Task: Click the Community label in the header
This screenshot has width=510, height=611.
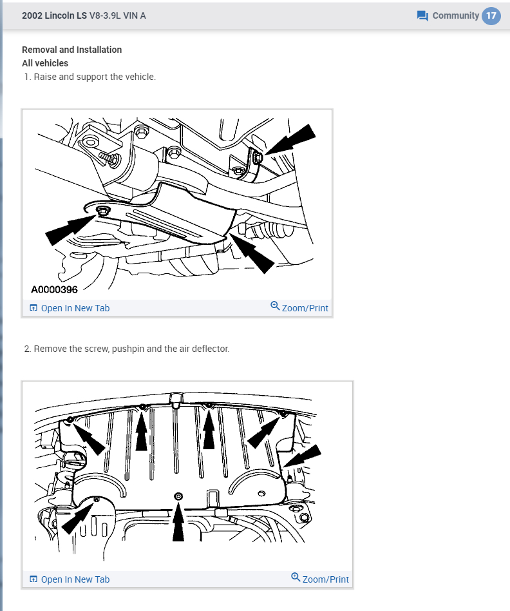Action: [x=455, y=15]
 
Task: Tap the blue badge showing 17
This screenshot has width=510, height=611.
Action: [x=491, y=15]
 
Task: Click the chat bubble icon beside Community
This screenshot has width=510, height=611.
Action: [x=422, y=16]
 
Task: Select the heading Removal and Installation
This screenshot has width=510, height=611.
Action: [x=71, y=50]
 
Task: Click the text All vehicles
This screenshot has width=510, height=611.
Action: [x=45, y=63]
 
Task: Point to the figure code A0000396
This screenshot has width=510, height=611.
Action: [x=54, y=289]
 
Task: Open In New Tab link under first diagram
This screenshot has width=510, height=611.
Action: [x=70, y=308]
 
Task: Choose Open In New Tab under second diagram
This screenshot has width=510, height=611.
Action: [x=70, y=579]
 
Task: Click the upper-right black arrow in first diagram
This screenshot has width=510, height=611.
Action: [x=290, y=140]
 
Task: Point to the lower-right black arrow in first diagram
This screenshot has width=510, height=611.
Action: [x=252, y=253]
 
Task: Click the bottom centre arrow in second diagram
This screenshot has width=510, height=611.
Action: [x=178, y=522]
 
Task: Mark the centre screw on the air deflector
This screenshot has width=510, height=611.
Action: [x=178, y=496]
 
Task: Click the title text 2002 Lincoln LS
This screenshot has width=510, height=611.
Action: [x=54, y=15]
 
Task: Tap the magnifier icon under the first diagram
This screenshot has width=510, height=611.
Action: [x=275, y=306]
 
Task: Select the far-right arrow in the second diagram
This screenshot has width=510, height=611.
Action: [x=303, y=456]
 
